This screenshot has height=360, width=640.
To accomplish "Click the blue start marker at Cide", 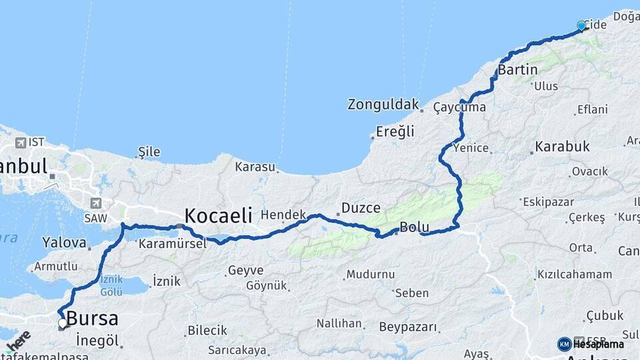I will point(581,26).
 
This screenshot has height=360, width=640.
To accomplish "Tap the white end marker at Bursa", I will point(63,323).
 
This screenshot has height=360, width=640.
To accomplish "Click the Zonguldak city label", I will point(383,105).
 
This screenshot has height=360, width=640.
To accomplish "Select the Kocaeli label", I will point(218,215).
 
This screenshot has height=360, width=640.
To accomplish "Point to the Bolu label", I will point(414,227).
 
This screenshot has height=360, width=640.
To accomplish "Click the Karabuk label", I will point(562,146).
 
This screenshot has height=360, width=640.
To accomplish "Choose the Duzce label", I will point(361,207).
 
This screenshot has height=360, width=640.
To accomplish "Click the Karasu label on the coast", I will point(255,166).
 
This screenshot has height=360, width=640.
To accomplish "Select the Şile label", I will point(149,152).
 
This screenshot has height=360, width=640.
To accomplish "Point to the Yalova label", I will point(64,243).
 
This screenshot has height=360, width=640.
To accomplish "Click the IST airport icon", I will point(21,143).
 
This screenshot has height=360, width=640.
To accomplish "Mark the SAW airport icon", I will point(97,203).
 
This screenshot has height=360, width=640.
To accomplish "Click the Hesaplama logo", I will point(591,344).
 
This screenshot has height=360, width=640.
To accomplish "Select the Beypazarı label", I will point(408,327).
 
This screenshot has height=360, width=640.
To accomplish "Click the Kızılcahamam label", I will point(574,274).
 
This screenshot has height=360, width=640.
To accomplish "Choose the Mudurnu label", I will point(371,274).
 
